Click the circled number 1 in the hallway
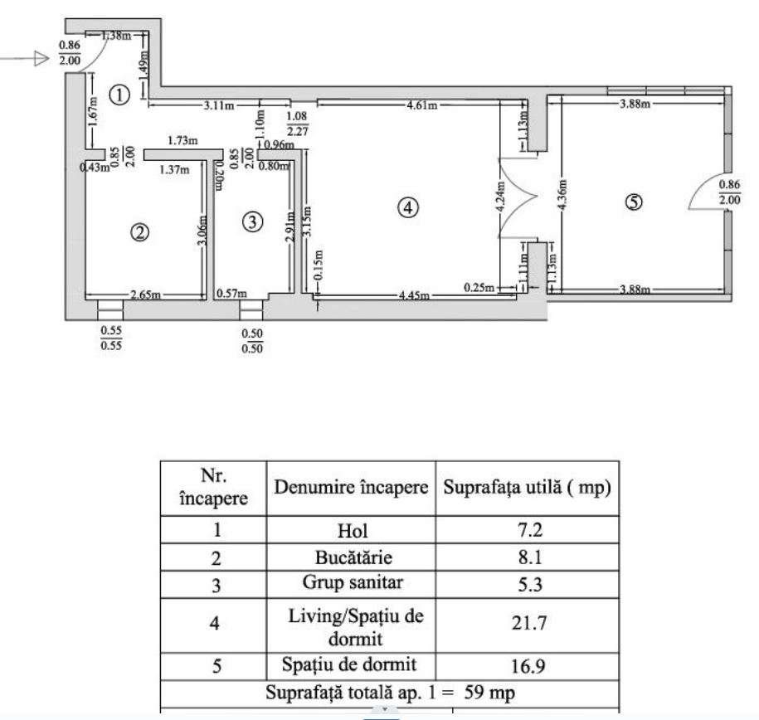coord(121,95)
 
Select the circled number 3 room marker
coord(254,221)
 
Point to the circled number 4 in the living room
coord(406,208)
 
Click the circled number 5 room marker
coord(634,202)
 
